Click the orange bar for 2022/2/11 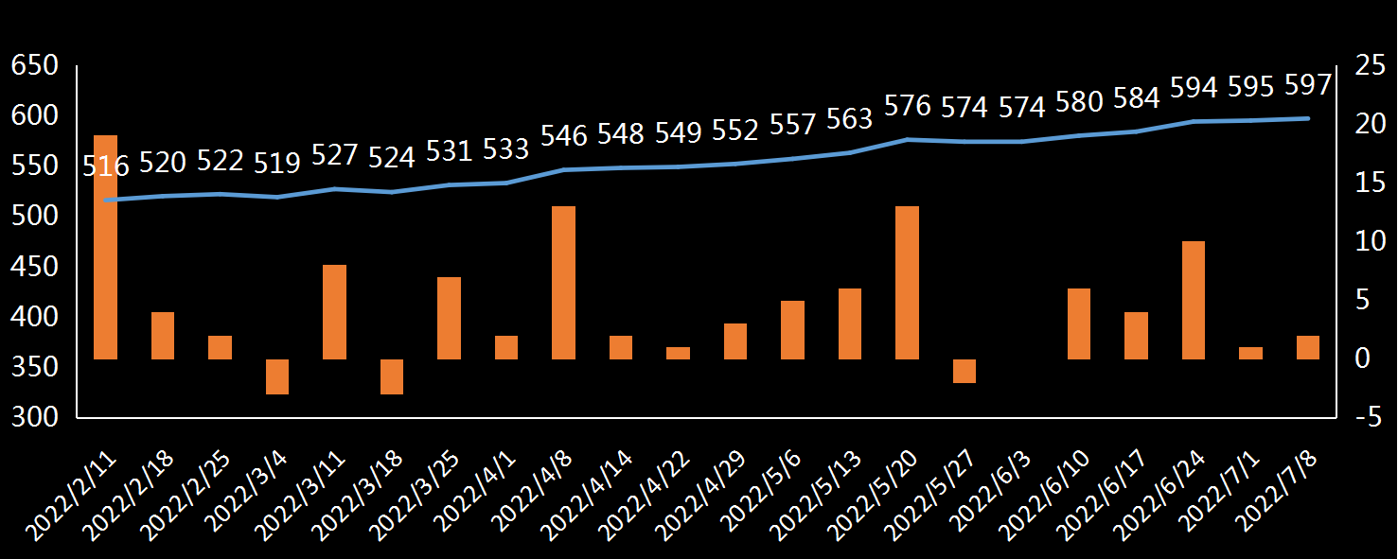(105, 247)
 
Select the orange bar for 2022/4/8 (563, 282)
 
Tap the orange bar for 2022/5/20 (907, 282)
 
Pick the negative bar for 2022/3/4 (277, 376)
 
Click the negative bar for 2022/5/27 (964, 371)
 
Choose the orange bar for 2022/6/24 (1194, 300)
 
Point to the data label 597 (1307, 85)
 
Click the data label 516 (105, 167)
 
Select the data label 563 (849, 119)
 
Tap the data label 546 (563, 136)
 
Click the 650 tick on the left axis (34, 66)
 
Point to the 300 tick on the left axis (34, 417)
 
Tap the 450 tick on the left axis (34, 268)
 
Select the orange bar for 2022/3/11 (334, 311)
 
